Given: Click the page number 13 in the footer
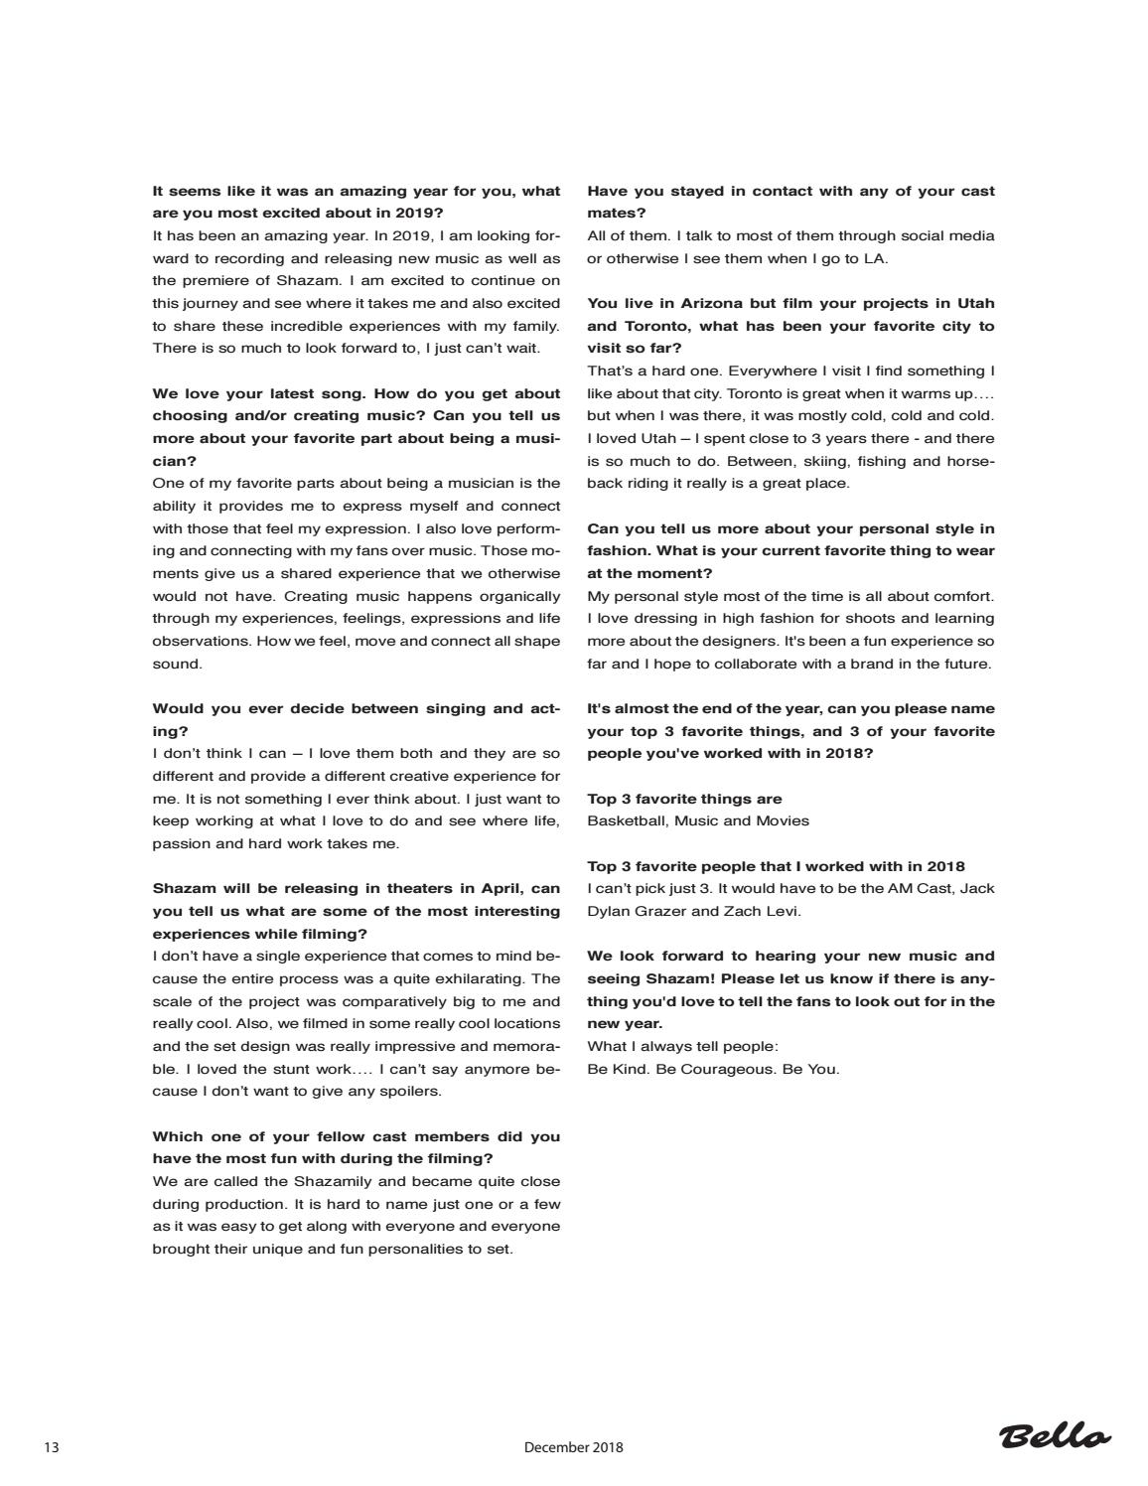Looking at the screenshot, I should [52, 1447].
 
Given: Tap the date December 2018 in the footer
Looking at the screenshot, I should [573, 1447].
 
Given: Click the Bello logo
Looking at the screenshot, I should [1055, 1436].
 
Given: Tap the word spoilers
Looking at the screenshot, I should [409, 1091].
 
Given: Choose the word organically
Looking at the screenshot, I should [509, 596].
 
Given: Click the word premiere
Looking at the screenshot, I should [225, 280].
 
